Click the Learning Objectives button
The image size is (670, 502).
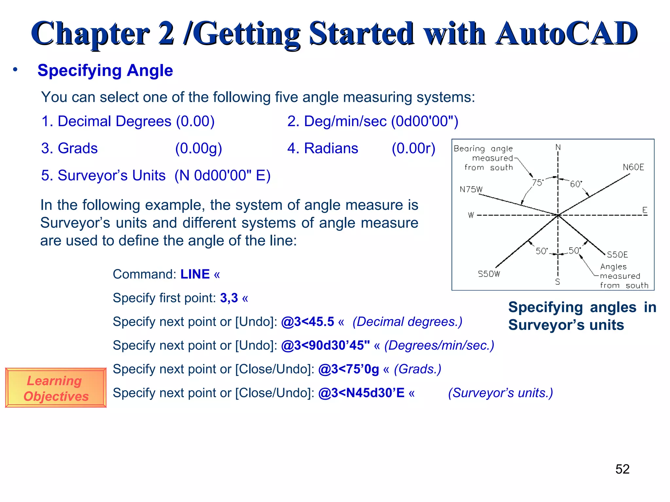pos(56,388)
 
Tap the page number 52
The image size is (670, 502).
pos(622,469)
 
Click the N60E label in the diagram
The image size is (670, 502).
pos(633,167)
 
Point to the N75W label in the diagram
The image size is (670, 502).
pos(471,190)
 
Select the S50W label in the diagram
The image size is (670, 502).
pos(489,274)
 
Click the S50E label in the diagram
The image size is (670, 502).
pos(617,255)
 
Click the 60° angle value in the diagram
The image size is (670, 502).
pos(576,184)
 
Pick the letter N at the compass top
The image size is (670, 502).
pos(558,147)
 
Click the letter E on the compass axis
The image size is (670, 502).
pos(644,210)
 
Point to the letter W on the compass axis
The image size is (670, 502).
pos(471,215)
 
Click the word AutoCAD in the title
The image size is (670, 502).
pos(566,34)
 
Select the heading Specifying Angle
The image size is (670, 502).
pos(105,70)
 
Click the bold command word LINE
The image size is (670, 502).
pos(195,274)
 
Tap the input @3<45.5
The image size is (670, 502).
pos(308,322)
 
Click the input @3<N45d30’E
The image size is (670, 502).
pos(361,393)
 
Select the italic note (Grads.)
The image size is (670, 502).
pos(417,369)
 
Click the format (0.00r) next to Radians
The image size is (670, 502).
pos(414,148)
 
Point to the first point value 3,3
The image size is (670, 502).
pos(229,298)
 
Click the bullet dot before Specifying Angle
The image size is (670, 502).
pos(15,70)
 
